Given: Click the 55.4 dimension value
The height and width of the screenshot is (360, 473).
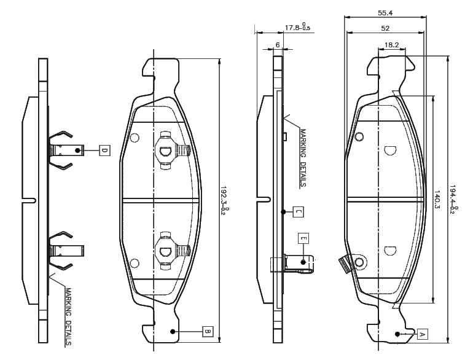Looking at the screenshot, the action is coord(385,13).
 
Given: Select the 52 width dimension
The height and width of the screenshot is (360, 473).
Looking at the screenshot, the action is coord(385,28).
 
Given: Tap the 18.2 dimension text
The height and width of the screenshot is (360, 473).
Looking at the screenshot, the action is coord(391,45).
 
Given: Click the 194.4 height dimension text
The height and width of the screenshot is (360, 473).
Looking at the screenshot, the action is coord(454,200).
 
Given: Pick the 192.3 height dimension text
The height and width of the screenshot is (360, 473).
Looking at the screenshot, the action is coord(224,201).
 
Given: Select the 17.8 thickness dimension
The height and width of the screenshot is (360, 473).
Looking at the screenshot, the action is coord(297,27).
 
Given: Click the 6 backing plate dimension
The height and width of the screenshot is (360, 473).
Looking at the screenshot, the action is coord(278,45).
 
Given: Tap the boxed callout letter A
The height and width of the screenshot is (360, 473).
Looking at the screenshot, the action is coord(423,334).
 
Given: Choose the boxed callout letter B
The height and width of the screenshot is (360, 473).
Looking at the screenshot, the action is coord(208,331).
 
